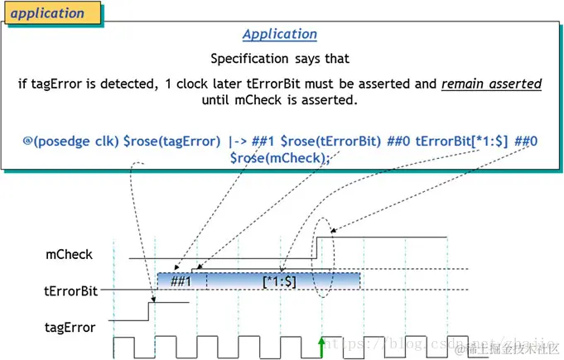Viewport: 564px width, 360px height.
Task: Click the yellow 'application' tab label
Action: coord(49,13)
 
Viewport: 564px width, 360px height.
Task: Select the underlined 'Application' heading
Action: coord(280,34)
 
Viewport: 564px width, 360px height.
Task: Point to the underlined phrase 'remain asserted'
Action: coord(491,84)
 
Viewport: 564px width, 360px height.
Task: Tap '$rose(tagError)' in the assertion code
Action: coord(171,142)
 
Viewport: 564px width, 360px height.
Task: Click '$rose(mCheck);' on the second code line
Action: coord(280,157)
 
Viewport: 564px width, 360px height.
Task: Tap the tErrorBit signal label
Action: coord(71,291)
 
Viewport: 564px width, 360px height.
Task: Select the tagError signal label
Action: coord(70,327)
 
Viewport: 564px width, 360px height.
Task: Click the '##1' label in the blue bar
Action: coord(181,281)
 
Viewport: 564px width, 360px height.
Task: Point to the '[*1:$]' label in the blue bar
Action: coord(279,281)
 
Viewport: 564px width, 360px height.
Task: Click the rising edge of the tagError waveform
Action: coord(149,311)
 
